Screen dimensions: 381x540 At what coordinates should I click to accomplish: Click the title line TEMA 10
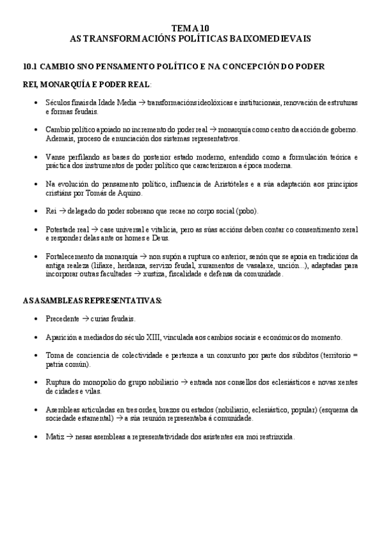click(x=190, y=29)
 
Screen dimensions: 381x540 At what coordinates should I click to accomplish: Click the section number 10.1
click(x=31, y=66)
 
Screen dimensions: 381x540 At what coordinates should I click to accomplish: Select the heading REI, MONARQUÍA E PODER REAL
click(x=87, y=83)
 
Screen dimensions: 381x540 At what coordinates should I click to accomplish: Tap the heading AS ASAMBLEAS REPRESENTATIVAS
click(x=92, y=300)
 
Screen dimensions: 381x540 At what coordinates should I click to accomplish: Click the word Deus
click(x=165, y=238)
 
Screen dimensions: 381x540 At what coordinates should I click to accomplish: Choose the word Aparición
click(x=62, y=337)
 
